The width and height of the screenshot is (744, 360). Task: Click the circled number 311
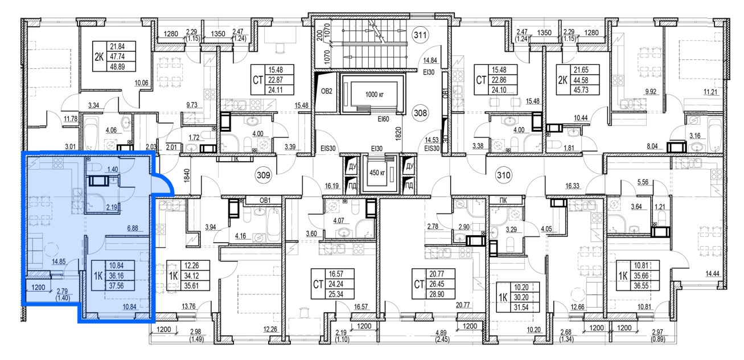point(420,35)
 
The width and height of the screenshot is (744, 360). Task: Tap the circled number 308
point(420,113)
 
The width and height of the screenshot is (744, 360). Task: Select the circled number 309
point(264,175)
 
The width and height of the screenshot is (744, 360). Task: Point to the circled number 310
point(504,175)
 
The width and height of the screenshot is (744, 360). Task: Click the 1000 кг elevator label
point(375,95)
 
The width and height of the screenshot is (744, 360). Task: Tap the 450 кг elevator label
point(377,173)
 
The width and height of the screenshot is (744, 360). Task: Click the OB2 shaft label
point(327,91)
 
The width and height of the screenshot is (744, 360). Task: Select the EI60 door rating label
point(383,119)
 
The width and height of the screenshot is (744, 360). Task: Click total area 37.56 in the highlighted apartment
point(116,285)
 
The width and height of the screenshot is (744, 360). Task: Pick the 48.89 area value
point(117,67)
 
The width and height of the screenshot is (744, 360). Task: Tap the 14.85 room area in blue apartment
point(59,261)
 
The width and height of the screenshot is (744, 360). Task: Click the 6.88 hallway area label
point(133,228)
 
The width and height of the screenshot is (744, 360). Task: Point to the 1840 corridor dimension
point(186,175)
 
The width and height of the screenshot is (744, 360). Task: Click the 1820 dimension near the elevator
point(398,134)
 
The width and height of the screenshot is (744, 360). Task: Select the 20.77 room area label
point(463,305)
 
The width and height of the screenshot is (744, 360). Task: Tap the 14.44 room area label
point(712,274)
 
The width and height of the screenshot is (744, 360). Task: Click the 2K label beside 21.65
point(562,80)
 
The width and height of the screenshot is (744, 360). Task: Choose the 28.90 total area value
point(437,294)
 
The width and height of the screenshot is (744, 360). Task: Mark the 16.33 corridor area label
point(572,186)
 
